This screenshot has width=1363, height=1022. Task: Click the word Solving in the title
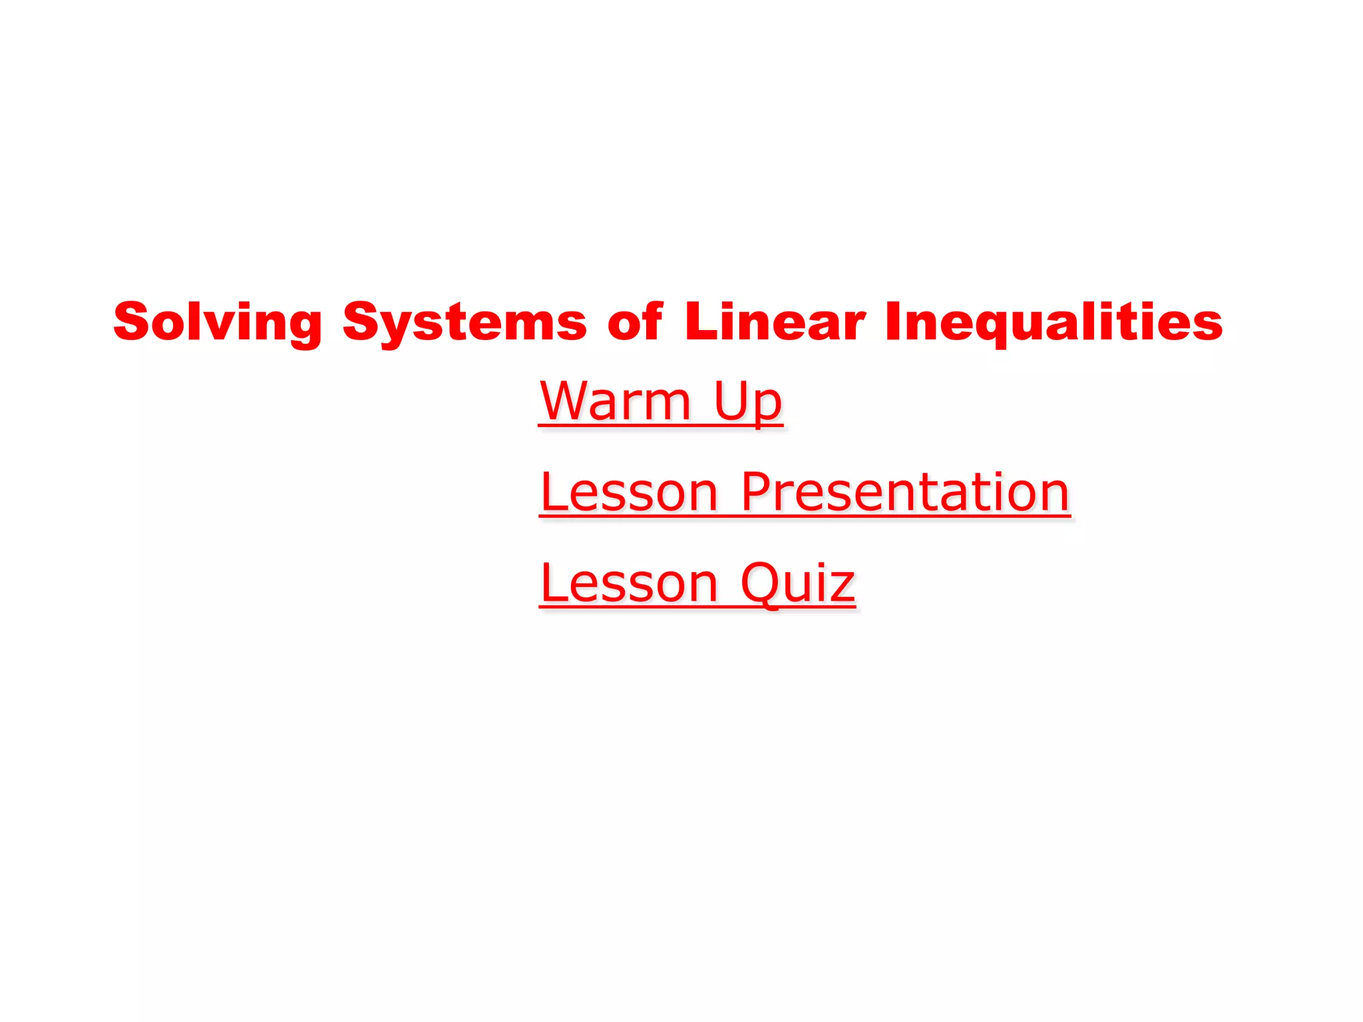coord(218,322)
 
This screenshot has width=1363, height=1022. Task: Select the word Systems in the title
coord(465,322)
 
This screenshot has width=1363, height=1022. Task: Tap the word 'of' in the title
coord(635,322)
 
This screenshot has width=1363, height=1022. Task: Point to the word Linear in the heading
coord(775,322)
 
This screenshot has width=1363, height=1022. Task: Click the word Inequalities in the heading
coord(1054,322)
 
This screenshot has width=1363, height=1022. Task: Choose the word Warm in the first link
coord(616,401)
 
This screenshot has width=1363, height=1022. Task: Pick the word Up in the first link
coord(747,403)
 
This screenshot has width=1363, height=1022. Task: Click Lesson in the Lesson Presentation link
coord(629,492)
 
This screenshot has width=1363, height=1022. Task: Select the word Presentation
coord(905,492)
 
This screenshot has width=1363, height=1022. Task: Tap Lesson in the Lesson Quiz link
coord(629,583)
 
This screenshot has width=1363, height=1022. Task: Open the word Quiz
coord(797,583)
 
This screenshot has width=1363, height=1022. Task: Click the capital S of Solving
coord(131,321)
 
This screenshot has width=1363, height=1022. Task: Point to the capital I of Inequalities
coord(894,321)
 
